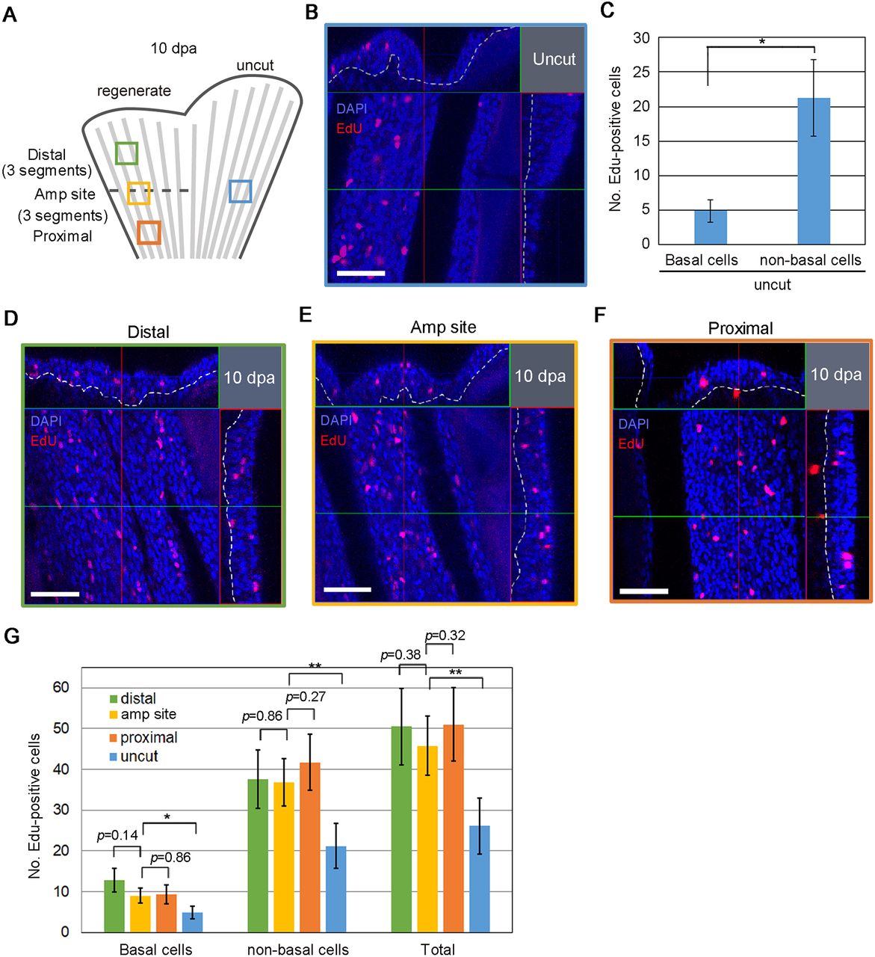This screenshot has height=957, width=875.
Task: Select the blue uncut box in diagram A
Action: [x=230, y=191]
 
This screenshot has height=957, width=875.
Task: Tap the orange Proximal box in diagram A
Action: [x=138, y=233]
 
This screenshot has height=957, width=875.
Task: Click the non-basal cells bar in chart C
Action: [x=814, y=170]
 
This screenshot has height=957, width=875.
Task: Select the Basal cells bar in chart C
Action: [x=710, y=227]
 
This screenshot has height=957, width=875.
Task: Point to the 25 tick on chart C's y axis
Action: [x=641, y=72]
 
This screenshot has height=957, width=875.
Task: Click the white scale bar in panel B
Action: [x=360, y=274]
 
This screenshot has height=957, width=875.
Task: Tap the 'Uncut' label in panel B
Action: [x=554, y=59]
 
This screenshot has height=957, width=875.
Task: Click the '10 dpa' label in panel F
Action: [x=836, y=375]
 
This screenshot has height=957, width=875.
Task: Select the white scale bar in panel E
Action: [x=347, y=590]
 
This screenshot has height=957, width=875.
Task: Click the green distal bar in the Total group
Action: [x=401, y=828]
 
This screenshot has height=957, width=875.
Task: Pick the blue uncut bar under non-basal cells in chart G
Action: [x=336, y=889]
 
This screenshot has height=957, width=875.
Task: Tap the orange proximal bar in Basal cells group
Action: [x=167, y=913]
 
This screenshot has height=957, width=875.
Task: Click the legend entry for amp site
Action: [x=143, y=714]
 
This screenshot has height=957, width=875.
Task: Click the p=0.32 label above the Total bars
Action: [x=445, y=635]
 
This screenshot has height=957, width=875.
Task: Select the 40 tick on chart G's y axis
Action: [x=61, y=769]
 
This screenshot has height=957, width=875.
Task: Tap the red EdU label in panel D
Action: [x=43, y=441]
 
